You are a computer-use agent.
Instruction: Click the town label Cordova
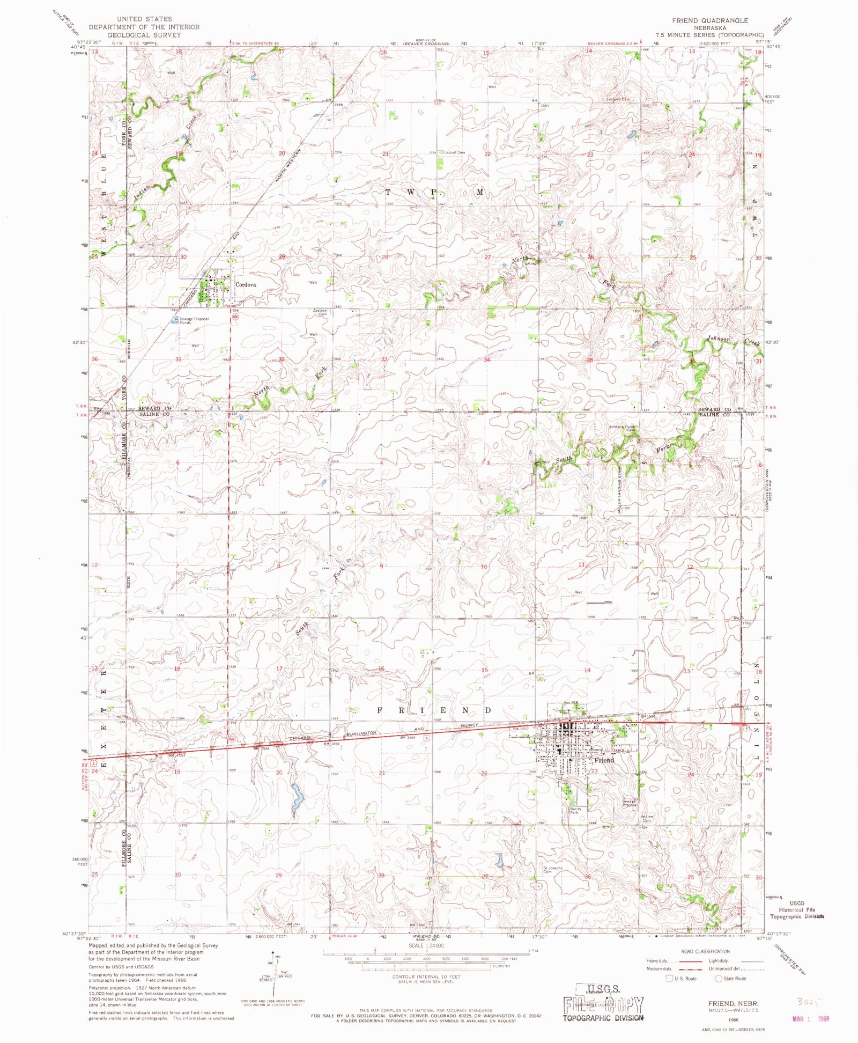(246, 285)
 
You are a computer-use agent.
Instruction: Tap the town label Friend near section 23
(604, 760)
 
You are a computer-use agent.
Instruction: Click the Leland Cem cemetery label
(454, 152)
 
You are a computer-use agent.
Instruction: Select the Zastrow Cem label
(320, 312)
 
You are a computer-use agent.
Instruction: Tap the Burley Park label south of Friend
(575, 811)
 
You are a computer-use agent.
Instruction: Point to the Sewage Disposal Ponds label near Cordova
(194, 321)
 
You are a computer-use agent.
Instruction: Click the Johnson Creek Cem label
(622, 428)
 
